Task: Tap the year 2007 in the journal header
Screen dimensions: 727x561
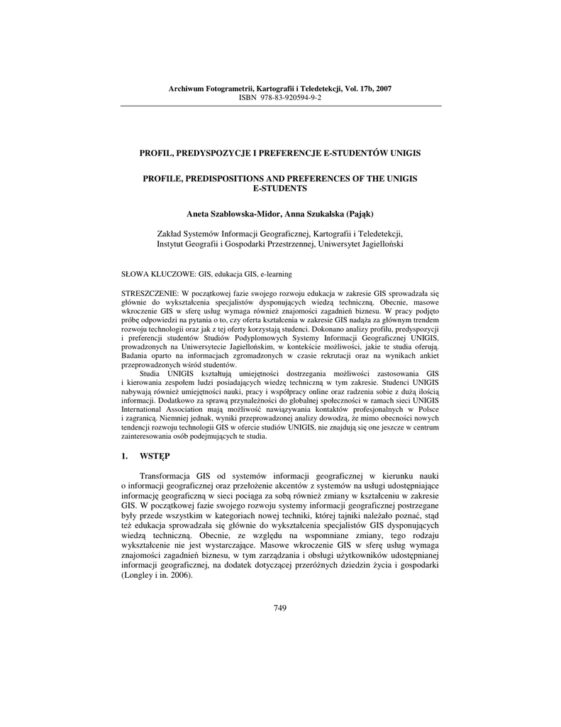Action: [x=384, y=89]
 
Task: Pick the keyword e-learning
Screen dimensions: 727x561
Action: [x=276, y=273]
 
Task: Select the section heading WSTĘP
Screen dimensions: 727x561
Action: [x=155, y=454]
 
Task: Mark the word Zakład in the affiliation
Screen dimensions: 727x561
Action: [x=170, y=233]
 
